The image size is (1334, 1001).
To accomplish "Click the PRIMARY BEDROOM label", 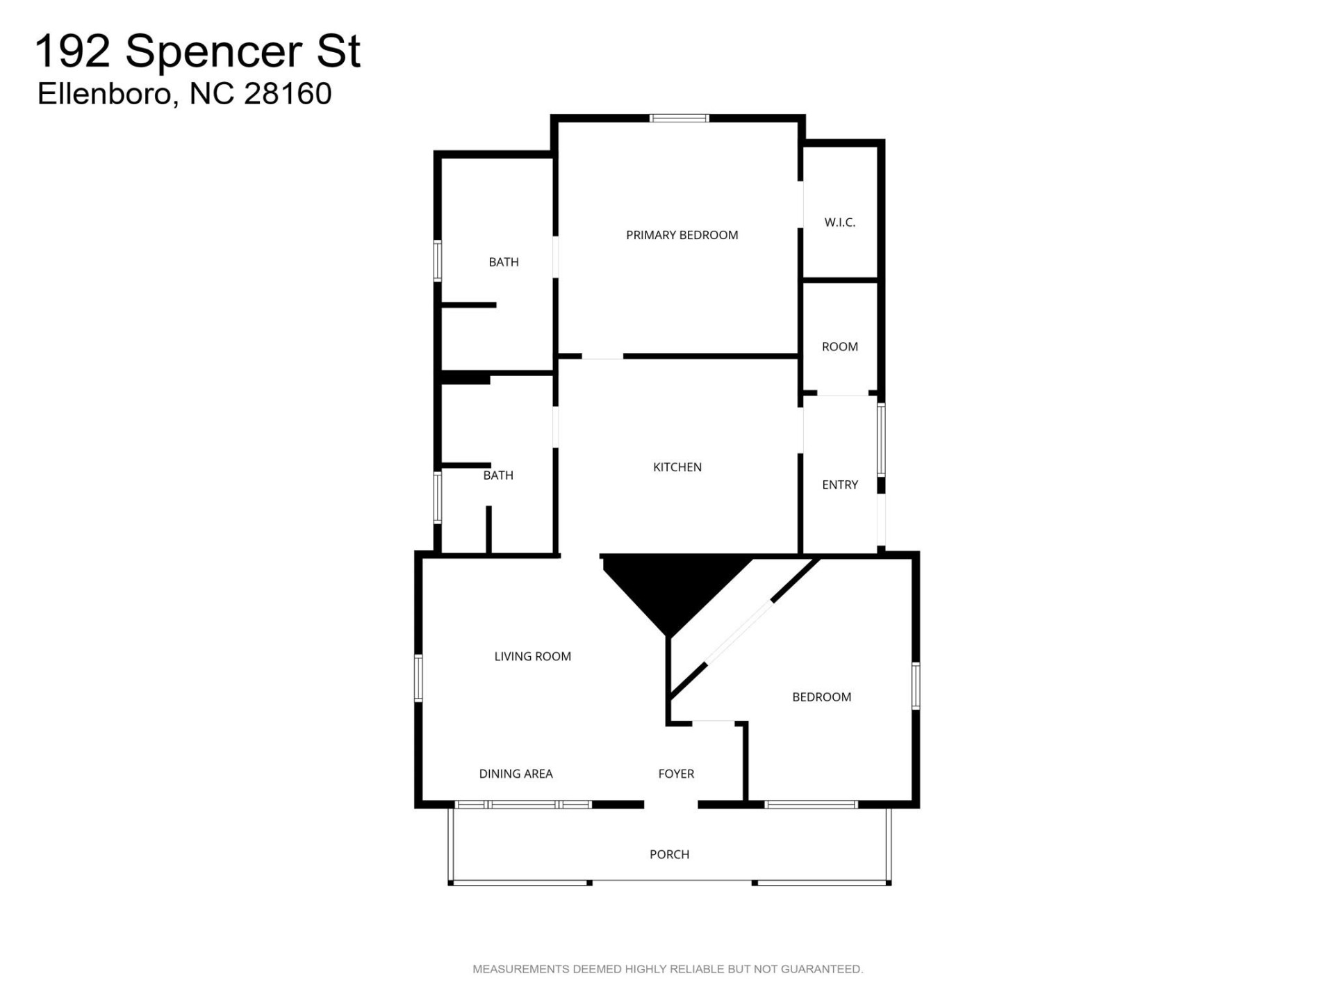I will pos(682,235).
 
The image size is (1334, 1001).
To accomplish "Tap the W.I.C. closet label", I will pos(839,222).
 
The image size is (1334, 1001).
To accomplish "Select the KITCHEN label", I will pos(677,467).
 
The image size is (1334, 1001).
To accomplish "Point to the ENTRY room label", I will pos(839,485).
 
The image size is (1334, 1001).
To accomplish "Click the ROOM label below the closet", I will pos(839,346).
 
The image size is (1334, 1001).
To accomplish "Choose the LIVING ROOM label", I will pos(532,656).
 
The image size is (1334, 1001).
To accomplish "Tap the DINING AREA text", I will pos(516,774).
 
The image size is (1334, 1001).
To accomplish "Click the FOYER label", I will pos(676,774).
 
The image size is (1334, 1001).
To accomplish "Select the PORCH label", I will pos(669,854).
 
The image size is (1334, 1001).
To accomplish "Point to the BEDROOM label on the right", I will pos(821,697).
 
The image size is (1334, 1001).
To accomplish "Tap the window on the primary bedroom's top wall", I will pos(679,118).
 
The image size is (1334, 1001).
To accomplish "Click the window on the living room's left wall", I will pos(418,678).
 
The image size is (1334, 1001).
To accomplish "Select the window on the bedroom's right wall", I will pos(916,685).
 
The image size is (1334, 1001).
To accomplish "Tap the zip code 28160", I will pos(288,94).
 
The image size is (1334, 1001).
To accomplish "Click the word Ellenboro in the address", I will pos(104,94).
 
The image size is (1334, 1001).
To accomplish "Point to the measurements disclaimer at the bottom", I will pos(667,969).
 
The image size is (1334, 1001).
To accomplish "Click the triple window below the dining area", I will pos(523,804).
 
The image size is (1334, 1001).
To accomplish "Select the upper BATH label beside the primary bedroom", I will pos(503,262).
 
